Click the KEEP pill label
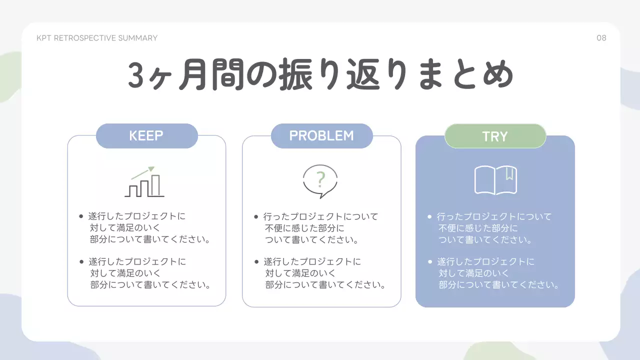click(146, 136)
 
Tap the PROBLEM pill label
click(321, 136)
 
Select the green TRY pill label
click(494, 136)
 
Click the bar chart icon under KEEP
click(144, 182)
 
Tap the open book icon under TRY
click(495, 180)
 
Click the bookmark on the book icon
click(509, 173)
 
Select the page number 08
click(601, 38)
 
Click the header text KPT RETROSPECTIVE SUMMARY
click(97, 38)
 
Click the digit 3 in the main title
click(137, 76)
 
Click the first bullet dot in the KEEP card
click(81, 216)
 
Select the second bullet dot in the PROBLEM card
click(256, 261)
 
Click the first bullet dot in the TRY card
click(429, 216)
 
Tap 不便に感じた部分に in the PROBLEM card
click(304, 228)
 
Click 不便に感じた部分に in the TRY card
click(478, 228)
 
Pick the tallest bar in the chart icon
click(156, 185)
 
